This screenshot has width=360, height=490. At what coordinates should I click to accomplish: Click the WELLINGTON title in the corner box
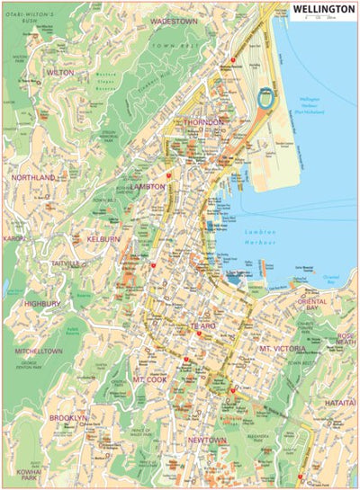click(x=322, y=10)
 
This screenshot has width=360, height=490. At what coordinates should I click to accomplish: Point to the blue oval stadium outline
click(x=265, y=97)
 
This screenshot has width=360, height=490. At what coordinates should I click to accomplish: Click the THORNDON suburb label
click(x=203, y=120)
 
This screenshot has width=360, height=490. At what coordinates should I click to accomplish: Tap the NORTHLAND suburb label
click(x=33, y=178)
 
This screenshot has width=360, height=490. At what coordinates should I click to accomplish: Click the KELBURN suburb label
click(x=103, y=240)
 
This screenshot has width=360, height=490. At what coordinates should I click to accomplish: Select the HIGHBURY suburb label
click(x=41, y=304)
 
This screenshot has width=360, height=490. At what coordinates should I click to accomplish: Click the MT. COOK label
click(x=151, y=379)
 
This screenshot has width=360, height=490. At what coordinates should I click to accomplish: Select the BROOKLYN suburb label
click(x=69, y=418)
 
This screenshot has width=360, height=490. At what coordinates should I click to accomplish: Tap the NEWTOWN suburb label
click(x=208, y=440)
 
